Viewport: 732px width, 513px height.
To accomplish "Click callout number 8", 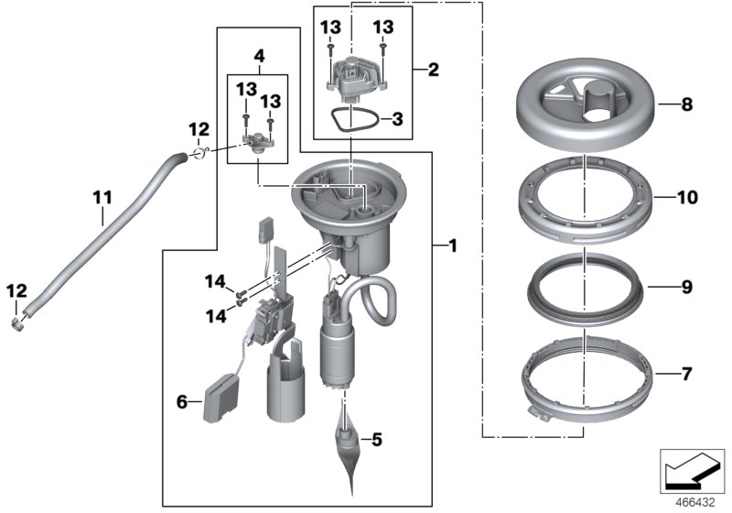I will point(686,105).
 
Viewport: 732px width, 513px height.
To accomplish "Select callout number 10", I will point(687,197).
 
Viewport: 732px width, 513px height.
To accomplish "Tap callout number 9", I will point(686,287).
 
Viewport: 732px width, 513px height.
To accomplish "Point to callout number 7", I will point(686,374).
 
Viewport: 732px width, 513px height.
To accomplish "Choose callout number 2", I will point(433,69).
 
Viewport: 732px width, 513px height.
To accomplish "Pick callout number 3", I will point(396,118).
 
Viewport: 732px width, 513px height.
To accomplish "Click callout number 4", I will point(259,56).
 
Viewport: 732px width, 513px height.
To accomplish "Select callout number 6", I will point(181,400).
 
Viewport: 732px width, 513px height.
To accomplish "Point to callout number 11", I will point(102,195).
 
